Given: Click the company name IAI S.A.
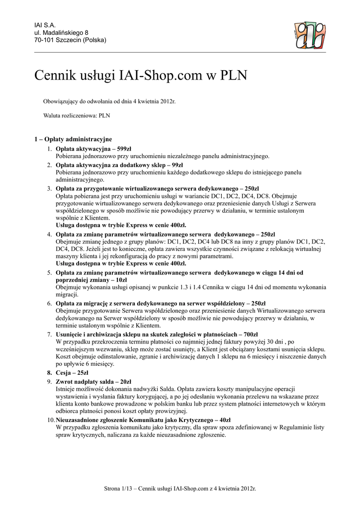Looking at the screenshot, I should [45, 25].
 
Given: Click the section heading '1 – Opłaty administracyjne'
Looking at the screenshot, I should [73, 139].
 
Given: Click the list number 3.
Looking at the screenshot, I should [50, 189].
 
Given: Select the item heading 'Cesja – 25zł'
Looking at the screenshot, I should [72, 372].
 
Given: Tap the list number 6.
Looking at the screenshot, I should [50, 303].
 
